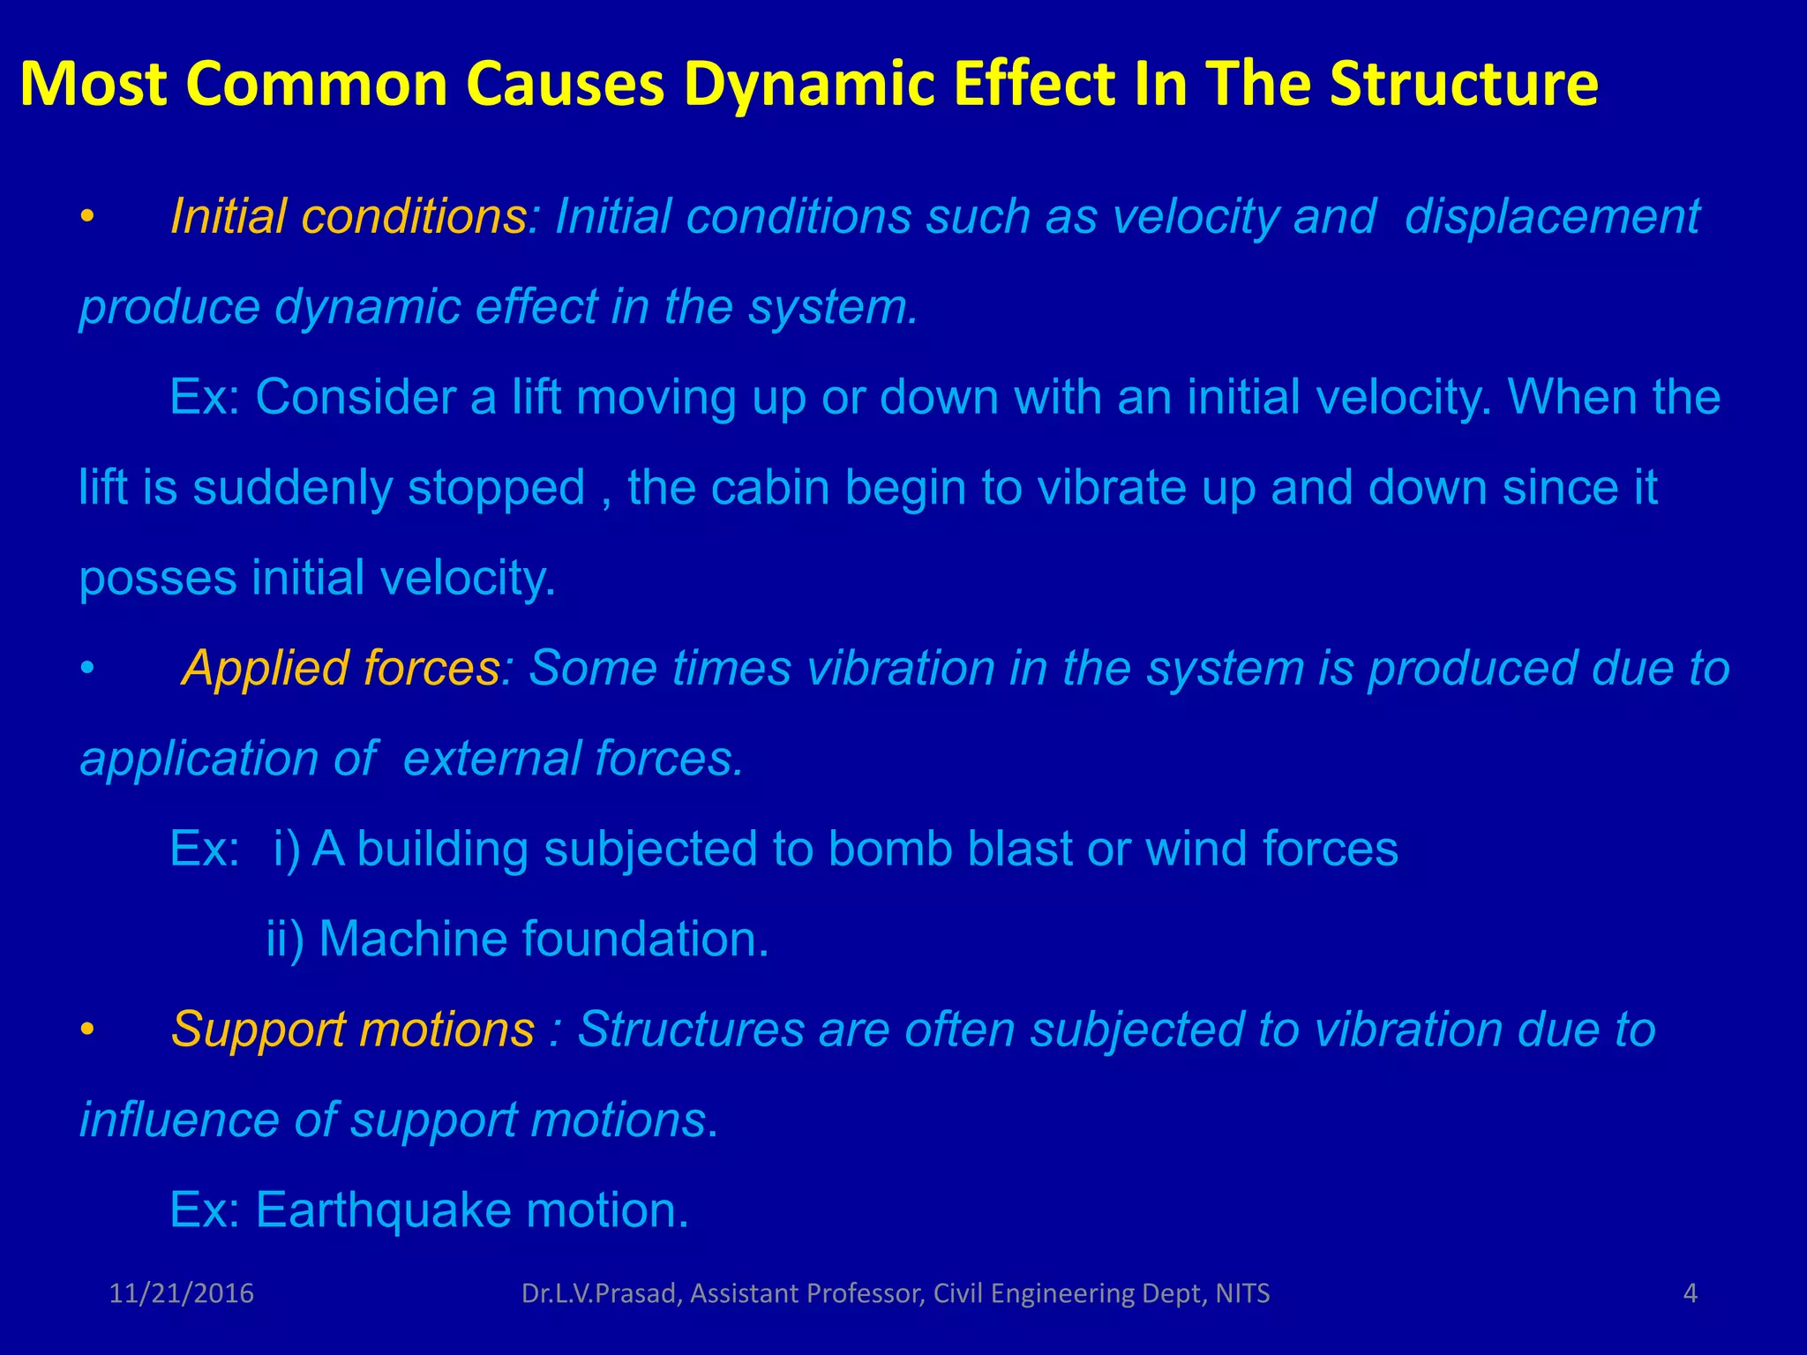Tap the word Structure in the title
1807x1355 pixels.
tap(1464, 85)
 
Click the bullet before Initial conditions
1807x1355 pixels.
tap(86, 218)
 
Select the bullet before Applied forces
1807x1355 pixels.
tap(86, 670)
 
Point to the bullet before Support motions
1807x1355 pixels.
tap(86, 1031)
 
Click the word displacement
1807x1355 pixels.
tap(1551, 218)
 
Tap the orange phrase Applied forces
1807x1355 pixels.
tap(341, 669)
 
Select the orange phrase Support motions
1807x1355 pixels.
tap(353, 1029)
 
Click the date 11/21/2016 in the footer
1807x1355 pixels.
tap(182, 1294)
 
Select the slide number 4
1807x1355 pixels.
tap(1691, 1294)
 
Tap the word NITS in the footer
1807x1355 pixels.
tap(1242, 1294)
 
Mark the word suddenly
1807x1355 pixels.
tap(292, 489)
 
